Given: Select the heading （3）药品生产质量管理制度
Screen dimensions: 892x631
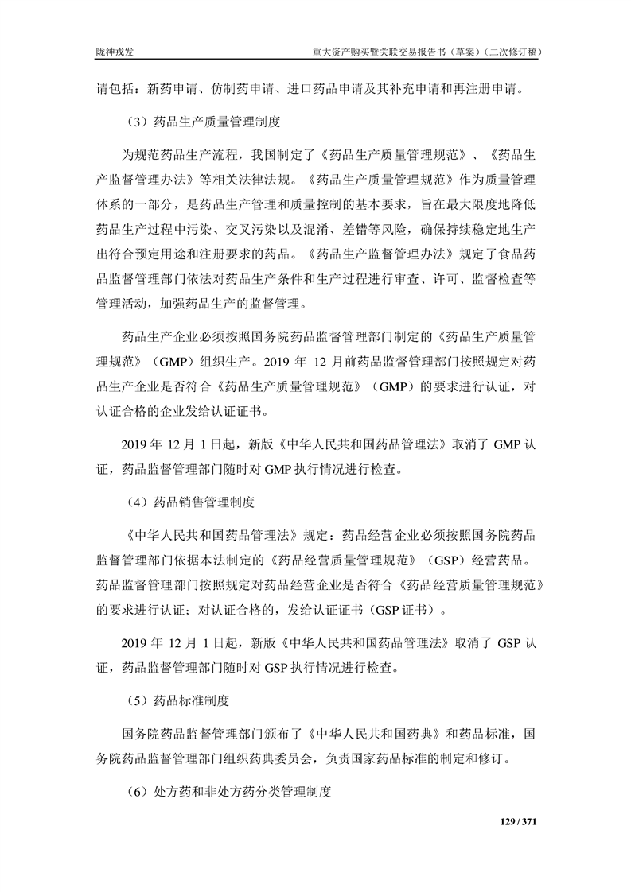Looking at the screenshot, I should click(x=202, y=122).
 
